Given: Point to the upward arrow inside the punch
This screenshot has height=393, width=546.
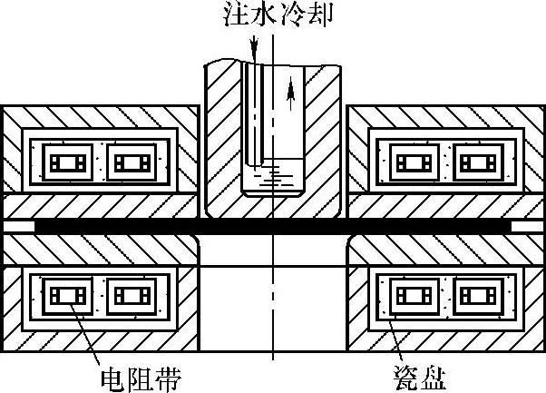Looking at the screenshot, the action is coord(290,88).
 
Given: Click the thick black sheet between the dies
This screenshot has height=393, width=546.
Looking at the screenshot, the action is coord(272,223).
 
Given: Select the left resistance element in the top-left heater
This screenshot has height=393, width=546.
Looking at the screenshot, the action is coord(69,164).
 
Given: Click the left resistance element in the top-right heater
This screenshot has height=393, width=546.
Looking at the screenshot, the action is coord(416,164).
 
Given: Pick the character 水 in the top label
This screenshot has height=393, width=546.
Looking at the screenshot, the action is coord(259,15).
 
